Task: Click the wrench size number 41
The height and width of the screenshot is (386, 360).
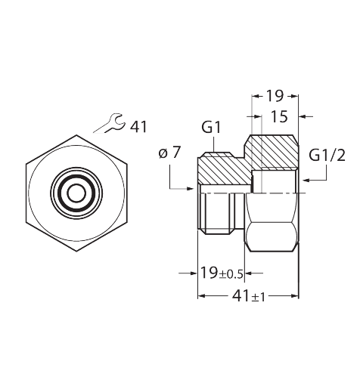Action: click(x=138, y=127)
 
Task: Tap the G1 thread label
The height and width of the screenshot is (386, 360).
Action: click(x=211, y=127)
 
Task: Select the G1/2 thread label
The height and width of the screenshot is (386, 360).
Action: click(x=327, y=156)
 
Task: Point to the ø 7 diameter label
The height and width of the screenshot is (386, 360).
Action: click(x=170, y=153)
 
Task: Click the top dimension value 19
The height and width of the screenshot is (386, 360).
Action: click(x=275, y=96)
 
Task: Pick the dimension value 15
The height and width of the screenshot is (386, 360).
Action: click(x=279, y=116)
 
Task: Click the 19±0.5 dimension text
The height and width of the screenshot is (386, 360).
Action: click(x=222, y=273)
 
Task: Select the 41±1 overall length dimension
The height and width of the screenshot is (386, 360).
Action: click(x=248, y=296)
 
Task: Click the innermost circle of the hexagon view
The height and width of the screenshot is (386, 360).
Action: click(x=76, y=193)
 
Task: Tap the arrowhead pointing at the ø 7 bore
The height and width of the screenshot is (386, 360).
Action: click(x=191, y=188)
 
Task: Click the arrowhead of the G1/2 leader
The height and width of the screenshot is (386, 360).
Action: click(x=306, y=180)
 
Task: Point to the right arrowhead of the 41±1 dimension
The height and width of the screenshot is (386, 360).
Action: click(x=294, y=296)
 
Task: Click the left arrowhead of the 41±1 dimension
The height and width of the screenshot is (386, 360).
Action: click(x=202, y=296)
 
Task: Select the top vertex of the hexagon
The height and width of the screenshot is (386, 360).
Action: click(x=76, y=135)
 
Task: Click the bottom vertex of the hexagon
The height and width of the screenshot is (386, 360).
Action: click(x=76, y=251)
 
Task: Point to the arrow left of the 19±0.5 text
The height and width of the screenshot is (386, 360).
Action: click(x=188, y=273)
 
